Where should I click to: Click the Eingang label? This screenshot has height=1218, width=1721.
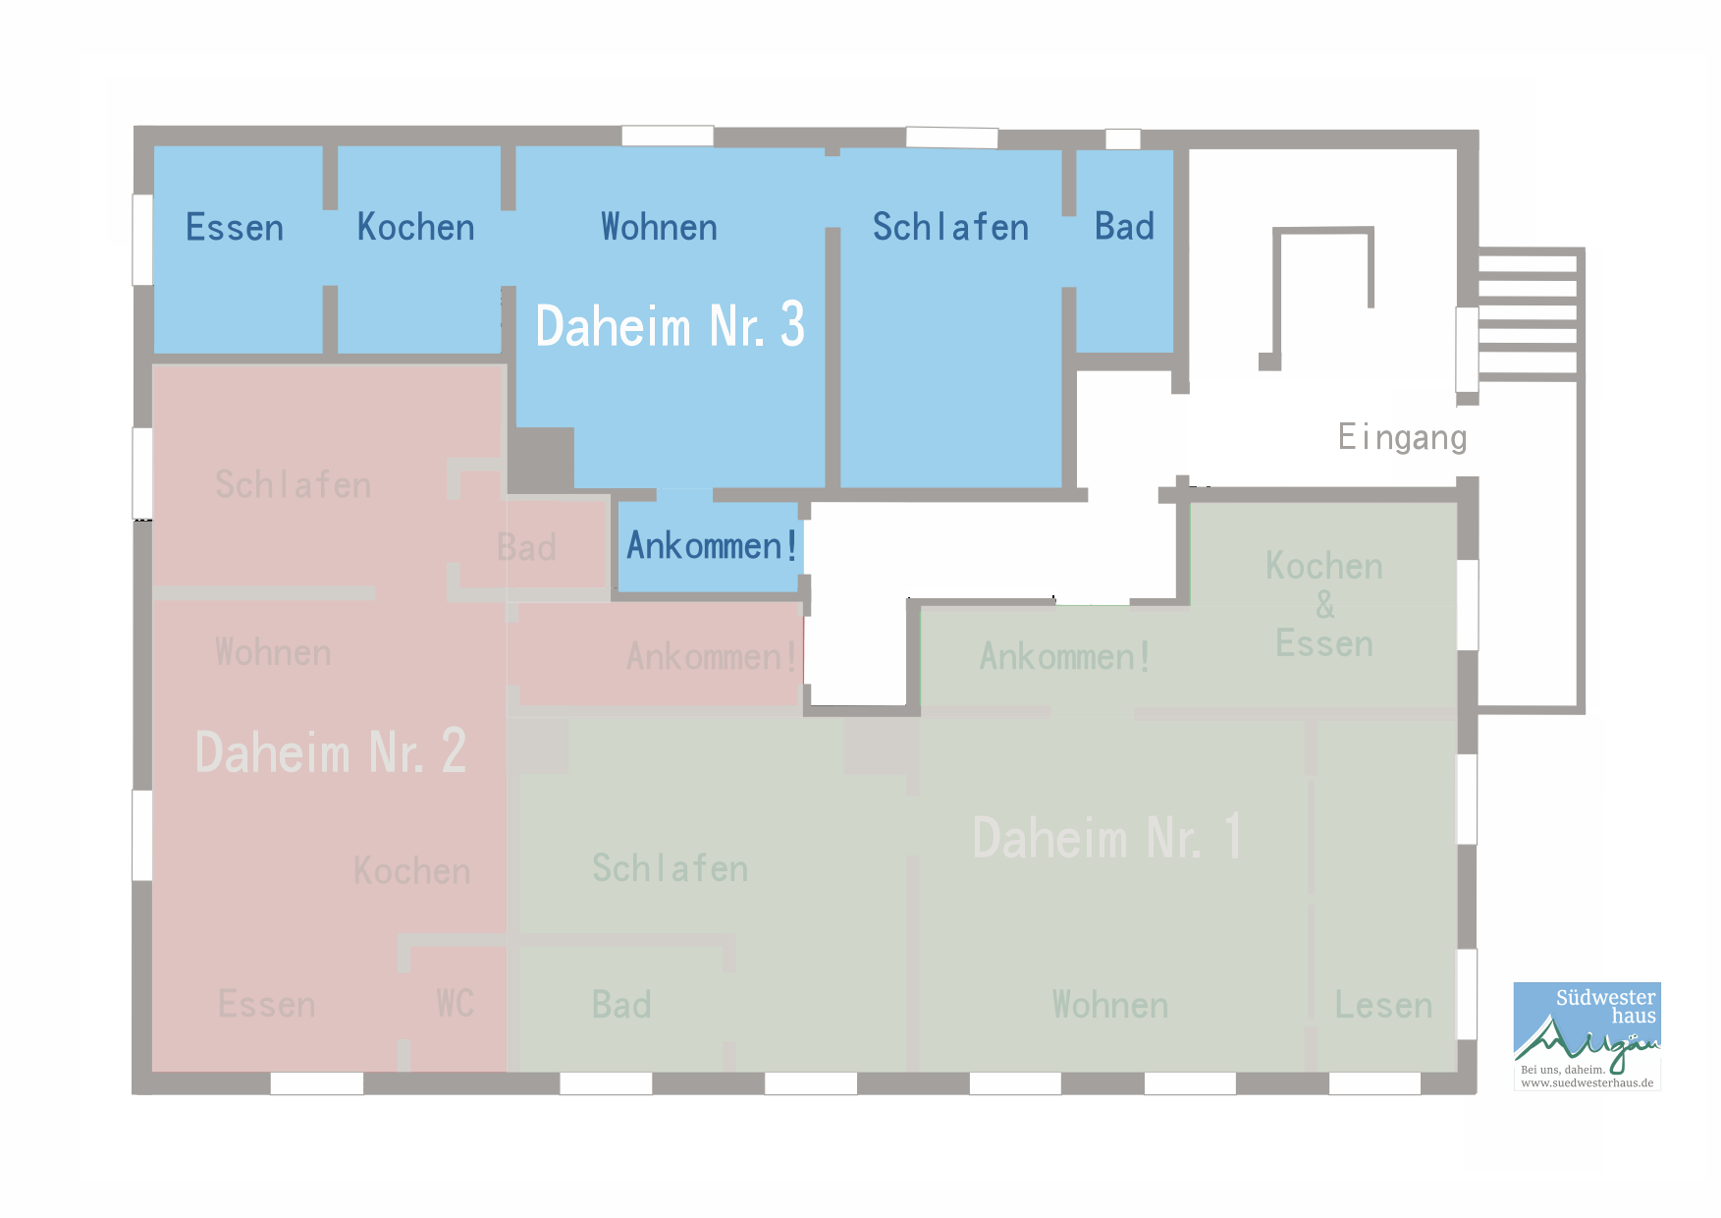1402,437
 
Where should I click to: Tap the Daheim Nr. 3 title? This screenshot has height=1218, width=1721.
670,325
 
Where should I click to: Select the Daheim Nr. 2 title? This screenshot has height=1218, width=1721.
331,751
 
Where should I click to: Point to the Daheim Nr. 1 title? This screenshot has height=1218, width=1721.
1107,837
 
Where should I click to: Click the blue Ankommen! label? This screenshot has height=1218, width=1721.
712,545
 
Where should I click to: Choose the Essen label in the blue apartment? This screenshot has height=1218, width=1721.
235,227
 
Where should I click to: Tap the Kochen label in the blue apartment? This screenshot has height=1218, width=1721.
415,227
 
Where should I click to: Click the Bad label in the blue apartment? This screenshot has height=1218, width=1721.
1124,226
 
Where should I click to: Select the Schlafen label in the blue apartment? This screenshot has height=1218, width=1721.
950,227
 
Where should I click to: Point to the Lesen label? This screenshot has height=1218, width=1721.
1383,1005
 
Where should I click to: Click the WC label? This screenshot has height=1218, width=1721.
456,1004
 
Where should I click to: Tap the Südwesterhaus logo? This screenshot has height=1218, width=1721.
1587,1036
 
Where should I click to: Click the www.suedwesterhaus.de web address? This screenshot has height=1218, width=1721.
1587,1082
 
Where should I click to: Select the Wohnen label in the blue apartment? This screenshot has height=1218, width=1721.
659,227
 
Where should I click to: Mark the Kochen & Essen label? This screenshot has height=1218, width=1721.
1324,604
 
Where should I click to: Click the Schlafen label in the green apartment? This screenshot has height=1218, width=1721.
670,868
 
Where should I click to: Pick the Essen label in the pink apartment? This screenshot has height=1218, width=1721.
267,1004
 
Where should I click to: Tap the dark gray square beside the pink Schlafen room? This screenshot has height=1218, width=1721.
540,459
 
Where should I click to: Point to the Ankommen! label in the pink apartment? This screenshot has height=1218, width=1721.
712,656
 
